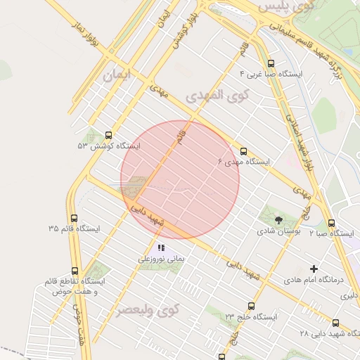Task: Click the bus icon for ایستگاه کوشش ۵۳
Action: click(x=108, y=135)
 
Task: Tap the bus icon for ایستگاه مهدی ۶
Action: click(x=244, y=151)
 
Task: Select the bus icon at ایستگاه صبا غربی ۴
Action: click(x=271, y=63)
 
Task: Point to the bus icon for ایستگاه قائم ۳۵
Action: click(x=75, y=218)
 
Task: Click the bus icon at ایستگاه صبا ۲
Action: click(x=332, y=222)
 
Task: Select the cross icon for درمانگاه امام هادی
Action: click(x=314, y=269)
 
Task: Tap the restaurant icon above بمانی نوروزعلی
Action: click(x=161, y=247)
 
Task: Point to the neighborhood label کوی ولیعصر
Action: click(x=148, y=309)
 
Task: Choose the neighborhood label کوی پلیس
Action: click(x=284, y=6)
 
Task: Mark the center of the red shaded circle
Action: click(x=180, y=180)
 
